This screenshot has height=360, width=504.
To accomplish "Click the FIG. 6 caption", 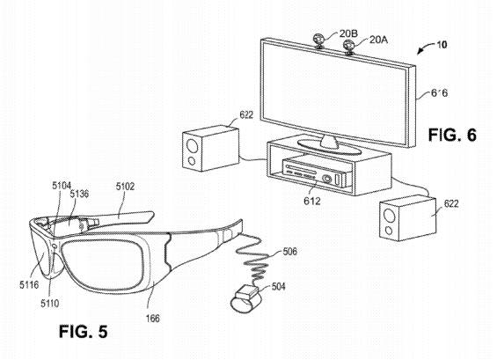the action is pos(452,135).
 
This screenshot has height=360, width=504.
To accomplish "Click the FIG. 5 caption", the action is pos(84,331).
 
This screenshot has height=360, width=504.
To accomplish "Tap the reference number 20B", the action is pos(348,33).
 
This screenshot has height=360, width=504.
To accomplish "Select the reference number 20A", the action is pos(378,40).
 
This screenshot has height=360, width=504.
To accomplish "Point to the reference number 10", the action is pos(442,44).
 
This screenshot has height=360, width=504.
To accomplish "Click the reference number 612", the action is pos(312,201).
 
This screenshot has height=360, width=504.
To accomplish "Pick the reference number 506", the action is pos(289,251).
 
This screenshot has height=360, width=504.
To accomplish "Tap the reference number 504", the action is pos(278,286).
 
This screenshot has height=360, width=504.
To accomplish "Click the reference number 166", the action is pos(153,318).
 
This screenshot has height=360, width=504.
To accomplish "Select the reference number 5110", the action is pos(50,303).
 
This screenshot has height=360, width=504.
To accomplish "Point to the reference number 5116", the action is pos(29,284).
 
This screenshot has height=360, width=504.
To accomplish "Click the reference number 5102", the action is pos(125,187).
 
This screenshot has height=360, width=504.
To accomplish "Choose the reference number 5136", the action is pos(79,194).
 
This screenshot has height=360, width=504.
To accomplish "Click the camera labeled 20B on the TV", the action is pos(318,40).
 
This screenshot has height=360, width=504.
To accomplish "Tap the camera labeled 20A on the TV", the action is pos(347,46).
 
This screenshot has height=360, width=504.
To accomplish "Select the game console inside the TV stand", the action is pos(316,172).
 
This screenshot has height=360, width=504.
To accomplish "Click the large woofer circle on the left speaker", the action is pos(192,145).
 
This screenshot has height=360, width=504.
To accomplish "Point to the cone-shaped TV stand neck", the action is pos(329,142).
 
